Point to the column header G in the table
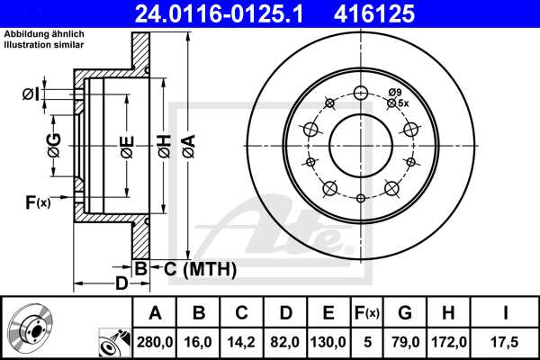point(405,312)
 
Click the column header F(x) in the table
point(366,312)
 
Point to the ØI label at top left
point(31,94)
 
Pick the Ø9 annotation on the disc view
point(396,93)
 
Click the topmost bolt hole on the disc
point(361,93)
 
